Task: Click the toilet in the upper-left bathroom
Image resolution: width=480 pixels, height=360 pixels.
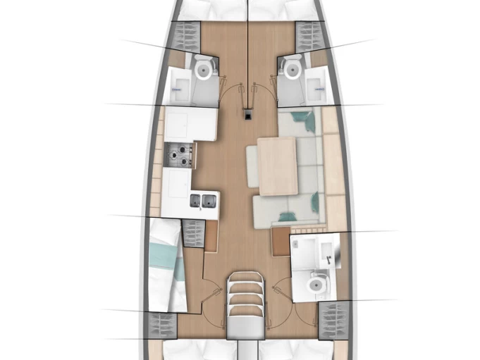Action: pos(204,69)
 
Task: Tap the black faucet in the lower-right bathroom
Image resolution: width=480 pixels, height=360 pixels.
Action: pos(328,258)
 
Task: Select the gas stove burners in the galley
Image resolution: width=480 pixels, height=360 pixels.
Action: pos(178,155)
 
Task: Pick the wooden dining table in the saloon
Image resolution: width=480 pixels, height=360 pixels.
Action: pos(277,166)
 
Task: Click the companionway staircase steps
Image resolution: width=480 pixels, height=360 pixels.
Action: pos(245,299)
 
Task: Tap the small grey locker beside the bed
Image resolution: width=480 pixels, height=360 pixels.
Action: pos(192,233)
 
